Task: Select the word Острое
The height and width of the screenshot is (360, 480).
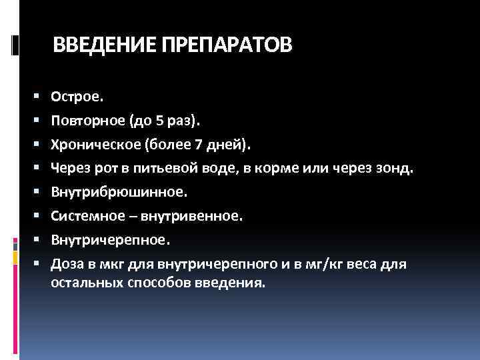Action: [x=77, y=97]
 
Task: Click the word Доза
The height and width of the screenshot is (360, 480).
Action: [x=68, y=265]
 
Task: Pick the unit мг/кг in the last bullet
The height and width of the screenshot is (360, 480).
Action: [x=328, y=265]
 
